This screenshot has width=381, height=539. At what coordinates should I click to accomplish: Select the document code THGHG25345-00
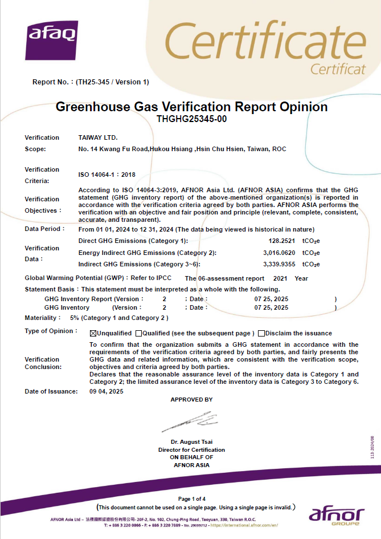point(191,119)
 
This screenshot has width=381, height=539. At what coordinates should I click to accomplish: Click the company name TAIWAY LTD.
point(97,137)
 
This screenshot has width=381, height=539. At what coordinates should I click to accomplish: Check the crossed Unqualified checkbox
point(93,333)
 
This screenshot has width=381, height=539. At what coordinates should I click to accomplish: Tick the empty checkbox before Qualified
point(138,333)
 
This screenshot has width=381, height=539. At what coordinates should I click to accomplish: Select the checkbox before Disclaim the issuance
point(261,333)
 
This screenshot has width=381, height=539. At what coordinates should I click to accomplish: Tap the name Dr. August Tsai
point(191,442)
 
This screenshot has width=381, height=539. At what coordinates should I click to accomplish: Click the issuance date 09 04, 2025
point(106,391)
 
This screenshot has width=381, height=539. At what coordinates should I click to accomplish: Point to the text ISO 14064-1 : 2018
point(106,175)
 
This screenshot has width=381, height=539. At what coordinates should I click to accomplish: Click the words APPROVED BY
point(191,400)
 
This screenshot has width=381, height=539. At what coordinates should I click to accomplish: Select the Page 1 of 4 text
point(192,499)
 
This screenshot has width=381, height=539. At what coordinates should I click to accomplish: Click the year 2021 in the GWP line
point(280,278)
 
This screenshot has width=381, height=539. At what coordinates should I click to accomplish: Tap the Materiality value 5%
point(74,318)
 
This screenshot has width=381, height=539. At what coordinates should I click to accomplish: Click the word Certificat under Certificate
point(338,70)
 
